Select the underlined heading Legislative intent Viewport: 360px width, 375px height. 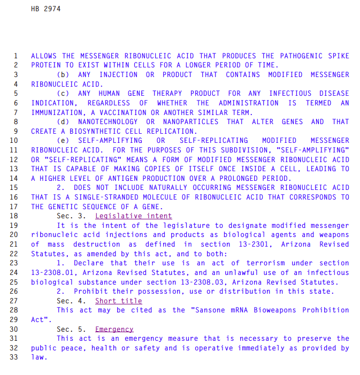[134, 216]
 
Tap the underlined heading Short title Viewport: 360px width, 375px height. [119, 301]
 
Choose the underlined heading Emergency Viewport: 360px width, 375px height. [114, 329]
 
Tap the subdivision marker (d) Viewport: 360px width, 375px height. [63, 122]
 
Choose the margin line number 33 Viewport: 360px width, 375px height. [14, 357]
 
